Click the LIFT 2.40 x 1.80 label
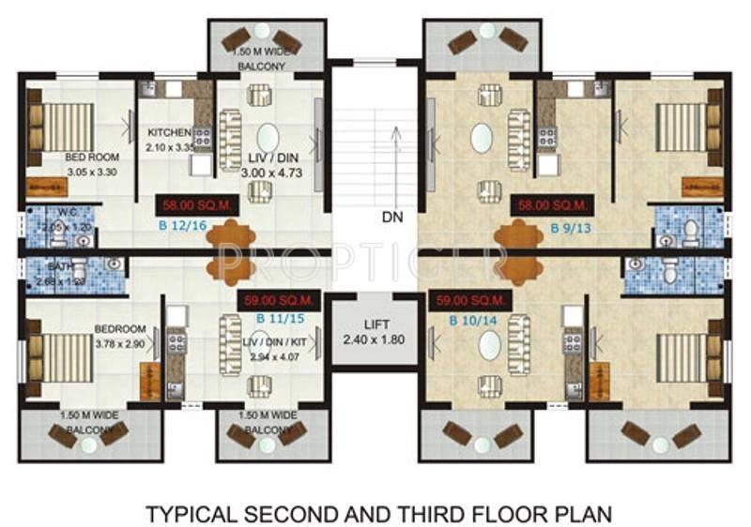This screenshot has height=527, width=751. click(374, 331)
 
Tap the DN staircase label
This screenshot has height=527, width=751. click(393, 216)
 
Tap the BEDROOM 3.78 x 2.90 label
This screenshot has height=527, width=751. click(120, 337)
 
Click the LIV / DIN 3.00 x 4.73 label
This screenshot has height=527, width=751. click(268, 165)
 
